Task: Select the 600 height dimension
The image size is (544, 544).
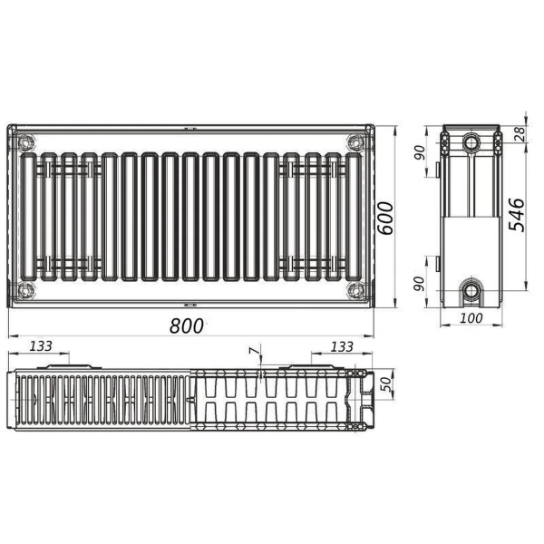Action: tap(386, 217)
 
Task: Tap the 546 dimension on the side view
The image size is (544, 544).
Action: tap(516, 214)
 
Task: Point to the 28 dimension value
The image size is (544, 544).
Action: tap(518, 133)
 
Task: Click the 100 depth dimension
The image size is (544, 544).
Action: tap(471, 317)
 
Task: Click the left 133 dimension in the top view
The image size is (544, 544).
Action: tap(40, 346)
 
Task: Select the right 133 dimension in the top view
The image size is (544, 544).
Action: tap(341, 346)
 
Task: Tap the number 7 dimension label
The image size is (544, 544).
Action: tap(254, 350)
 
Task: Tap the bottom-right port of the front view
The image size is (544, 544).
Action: tap(355, 290)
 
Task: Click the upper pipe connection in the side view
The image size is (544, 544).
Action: tap(472, 143)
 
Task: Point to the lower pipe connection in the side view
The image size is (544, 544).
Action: tap(472, 291)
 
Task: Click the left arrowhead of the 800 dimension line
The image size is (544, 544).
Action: tap(11, 335)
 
